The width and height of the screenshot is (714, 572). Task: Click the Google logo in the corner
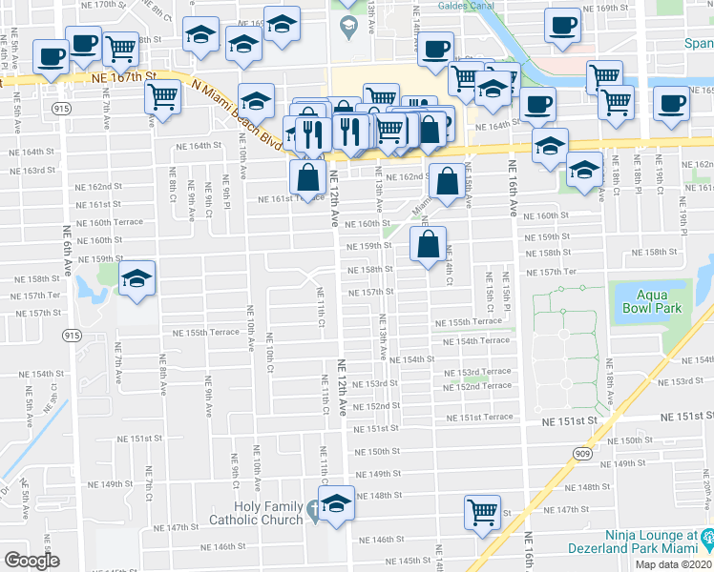tap(31, 560)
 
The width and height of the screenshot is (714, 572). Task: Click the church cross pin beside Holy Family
tap(315, 516)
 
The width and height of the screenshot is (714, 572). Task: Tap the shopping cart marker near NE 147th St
tap(483, 510)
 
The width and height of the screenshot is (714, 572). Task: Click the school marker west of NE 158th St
tap(137, 277)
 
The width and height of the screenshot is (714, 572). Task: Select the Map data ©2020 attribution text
tap(674, 564)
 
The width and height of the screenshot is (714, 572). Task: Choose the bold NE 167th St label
tap(123, 76)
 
